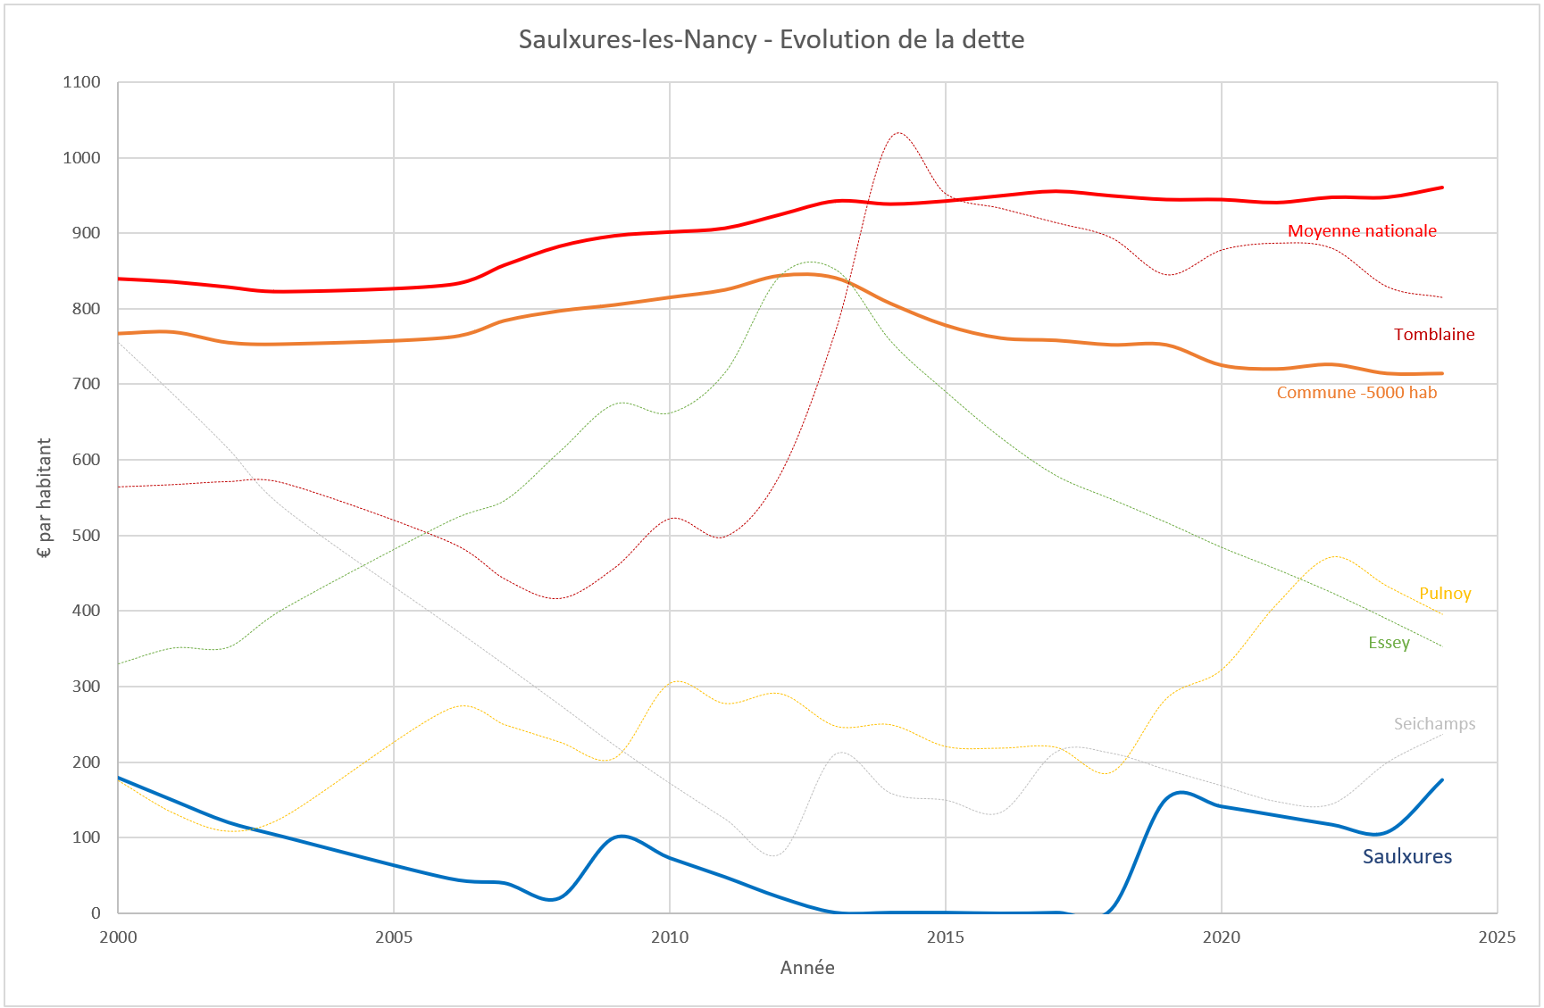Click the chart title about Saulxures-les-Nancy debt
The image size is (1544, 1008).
coord(771,39)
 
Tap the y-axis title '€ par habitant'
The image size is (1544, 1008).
coord(44,497)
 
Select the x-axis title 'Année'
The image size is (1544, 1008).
coord(806,968)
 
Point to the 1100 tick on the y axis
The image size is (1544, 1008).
coord(81,82)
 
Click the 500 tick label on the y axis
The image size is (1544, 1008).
coord(86,536)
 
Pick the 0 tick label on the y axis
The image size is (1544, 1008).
coord(96,912)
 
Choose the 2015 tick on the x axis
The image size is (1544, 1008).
coord(945,937)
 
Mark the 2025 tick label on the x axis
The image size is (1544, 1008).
coord(1496,937)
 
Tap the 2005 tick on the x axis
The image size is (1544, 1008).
coord(393,937)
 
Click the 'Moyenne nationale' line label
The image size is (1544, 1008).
coord(1361,231)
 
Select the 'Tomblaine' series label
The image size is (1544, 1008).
coord(1433,335)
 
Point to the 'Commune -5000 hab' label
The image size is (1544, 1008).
coord(1356,393)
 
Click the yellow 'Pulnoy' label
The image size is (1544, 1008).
coord(1444,594)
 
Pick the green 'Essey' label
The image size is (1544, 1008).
coord(1388,643)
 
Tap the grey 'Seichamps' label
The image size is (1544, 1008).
coord(1433,724)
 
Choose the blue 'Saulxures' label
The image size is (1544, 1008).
coord(1406,857)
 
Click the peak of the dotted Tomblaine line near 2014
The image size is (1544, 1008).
coord(898,133)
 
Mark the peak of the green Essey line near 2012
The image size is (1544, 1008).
coord(809,262)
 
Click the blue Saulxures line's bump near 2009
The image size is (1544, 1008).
coord(622,836)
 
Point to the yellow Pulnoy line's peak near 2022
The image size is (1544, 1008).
coord(1334,556)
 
